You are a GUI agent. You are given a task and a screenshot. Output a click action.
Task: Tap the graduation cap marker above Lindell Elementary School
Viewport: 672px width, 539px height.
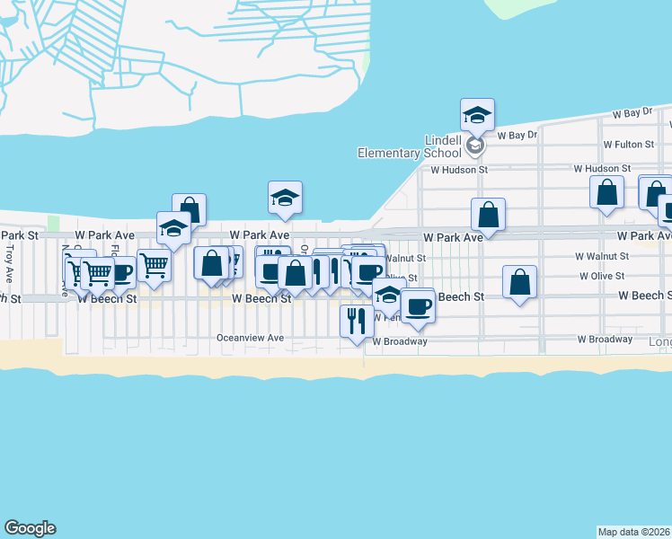(477, 115)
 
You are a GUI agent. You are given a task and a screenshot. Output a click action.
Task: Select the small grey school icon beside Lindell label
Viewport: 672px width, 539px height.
(475, 145)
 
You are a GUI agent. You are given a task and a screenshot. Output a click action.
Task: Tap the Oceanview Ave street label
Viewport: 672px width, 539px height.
(250, 338)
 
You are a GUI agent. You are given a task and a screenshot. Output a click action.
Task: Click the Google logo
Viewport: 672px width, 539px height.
(30, 528)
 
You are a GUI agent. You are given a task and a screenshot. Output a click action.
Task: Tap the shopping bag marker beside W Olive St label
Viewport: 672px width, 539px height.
(520, 282)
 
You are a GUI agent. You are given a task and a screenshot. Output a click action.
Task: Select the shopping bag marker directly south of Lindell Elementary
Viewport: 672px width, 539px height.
(489, 215)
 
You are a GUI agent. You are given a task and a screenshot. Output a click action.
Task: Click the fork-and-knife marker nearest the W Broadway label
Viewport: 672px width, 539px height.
(357, 321)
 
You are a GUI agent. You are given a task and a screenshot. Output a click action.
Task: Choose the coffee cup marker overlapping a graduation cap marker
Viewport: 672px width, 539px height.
(417, 307)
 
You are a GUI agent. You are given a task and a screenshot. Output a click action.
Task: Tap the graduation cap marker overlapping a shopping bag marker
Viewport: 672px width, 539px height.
(172, 228)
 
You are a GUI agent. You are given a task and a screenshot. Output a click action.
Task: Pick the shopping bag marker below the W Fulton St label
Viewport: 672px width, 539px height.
(607, 192)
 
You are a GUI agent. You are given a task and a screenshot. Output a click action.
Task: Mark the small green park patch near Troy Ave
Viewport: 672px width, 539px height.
(53, 223)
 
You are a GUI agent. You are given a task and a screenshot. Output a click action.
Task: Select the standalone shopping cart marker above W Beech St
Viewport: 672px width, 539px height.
(154, 265)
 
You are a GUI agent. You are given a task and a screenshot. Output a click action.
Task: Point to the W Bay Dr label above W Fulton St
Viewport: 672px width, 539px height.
(631, 114)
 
